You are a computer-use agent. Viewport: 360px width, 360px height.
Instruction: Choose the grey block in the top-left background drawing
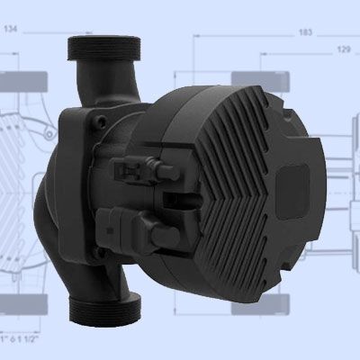[x=18, y=78]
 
